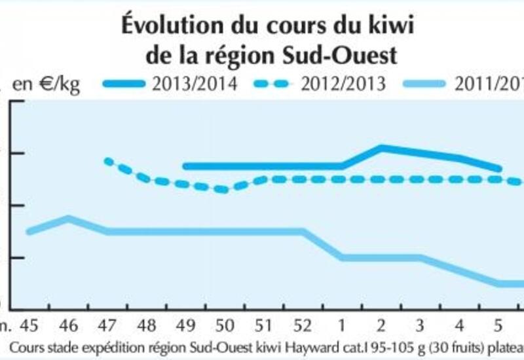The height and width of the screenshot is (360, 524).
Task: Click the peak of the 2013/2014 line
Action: (382, 147)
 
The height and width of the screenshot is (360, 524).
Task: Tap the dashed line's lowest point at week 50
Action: (225, 190)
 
